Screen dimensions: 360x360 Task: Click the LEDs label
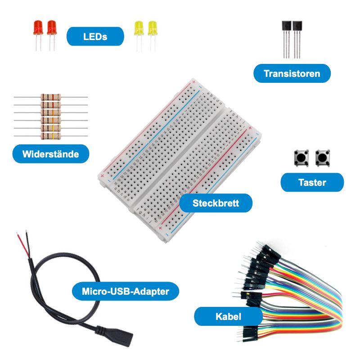coord(95,36)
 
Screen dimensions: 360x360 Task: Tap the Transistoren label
coord(292,73)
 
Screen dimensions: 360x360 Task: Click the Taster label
coord(312,182)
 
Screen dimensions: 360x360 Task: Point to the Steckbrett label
coord(216,203)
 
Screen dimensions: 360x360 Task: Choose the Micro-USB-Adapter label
coord(126,292)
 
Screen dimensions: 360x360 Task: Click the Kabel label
coord(228,316)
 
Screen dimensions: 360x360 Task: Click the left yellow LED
coord(139,28)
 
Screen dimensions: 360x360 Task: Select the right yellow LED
coord(152,28)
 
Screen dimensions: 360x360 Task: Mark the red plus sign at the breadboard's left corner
coord(103,175)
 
